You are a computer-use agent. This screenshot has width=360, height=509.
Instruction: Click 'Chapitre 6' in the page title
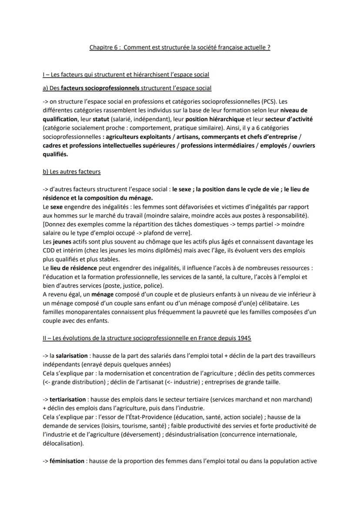pos(103,47)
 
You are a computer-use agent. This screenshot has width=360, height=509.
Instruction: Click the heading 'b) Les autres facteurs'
pos(71,171)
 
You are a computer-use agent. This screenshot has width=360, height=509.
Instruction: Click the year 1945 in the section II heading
pos(243,338)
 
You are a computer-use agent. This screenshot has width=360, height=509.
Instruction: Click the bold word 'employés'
pos(275,145)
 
